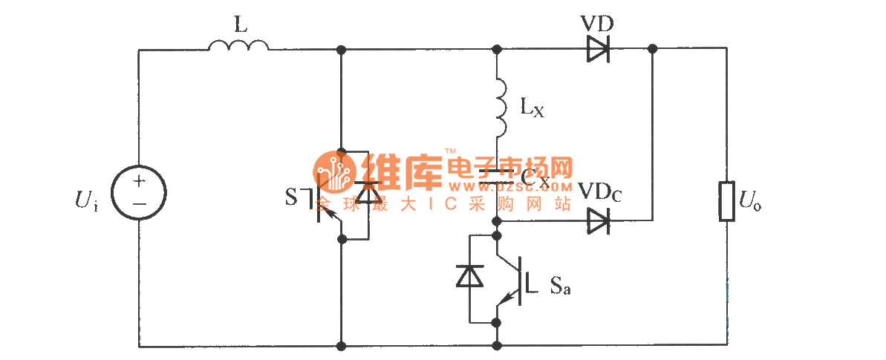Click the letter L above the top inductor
click(x=239, y=24)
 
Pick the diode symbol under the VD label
click(x=597, y=50)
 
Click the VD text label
click(x=596, y=22)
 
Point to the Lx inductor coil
click(x=500, y=108)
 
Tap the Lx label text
click(x=531, y=109)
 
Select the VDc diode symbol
click(x=597, y=220)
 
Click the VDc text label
click(x=600, y=194)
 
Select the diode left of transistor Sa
click(x=469, y=276)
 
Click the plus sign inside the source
click(x=139, y=182)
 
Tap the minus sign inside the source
click(x=139, y=203)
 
